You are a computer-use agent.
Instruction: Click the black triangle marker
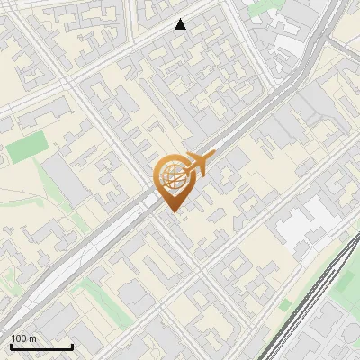(x=181, y=24)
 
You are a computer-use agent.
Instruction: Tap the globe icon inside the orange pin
(x=173, y=177)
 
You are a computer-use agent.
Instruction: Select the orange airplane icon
(x=196, y=164)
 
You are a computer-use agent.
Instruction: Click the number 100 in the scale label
(x=20, y=337)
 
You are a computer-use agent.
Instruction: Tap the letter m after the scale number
(x=32, y=337)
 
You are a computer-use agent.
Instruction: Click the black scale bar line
(x=41, y=346)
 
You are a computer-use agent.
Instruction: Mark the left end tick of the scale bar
(x=12, y=345)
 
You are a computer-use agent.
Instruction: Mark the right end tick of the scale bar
(x=72, y=345)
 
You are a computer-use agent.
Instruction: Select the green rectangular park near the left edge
(x=26, y=148)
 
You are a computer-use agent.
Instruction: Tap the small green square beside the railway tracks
(x=285, y=306)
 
